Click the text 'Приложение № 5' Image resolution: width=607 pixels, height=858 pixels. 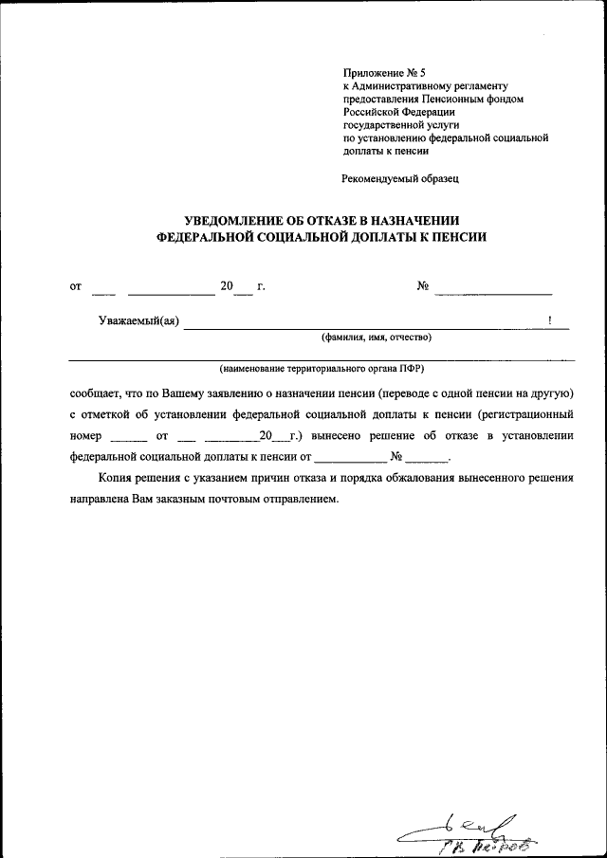pos(379,71)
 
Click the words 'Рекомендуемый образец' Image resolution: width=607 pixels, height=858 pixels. pos(400,177)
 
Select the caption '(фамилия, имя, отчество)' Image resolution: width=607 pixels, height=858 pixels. pos(376,337)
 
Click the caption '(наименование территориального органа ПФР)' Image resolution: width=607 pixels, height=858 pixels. pos(322,368)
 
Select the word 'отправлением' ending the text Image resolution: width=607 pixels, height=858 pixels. pos(296,500)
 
